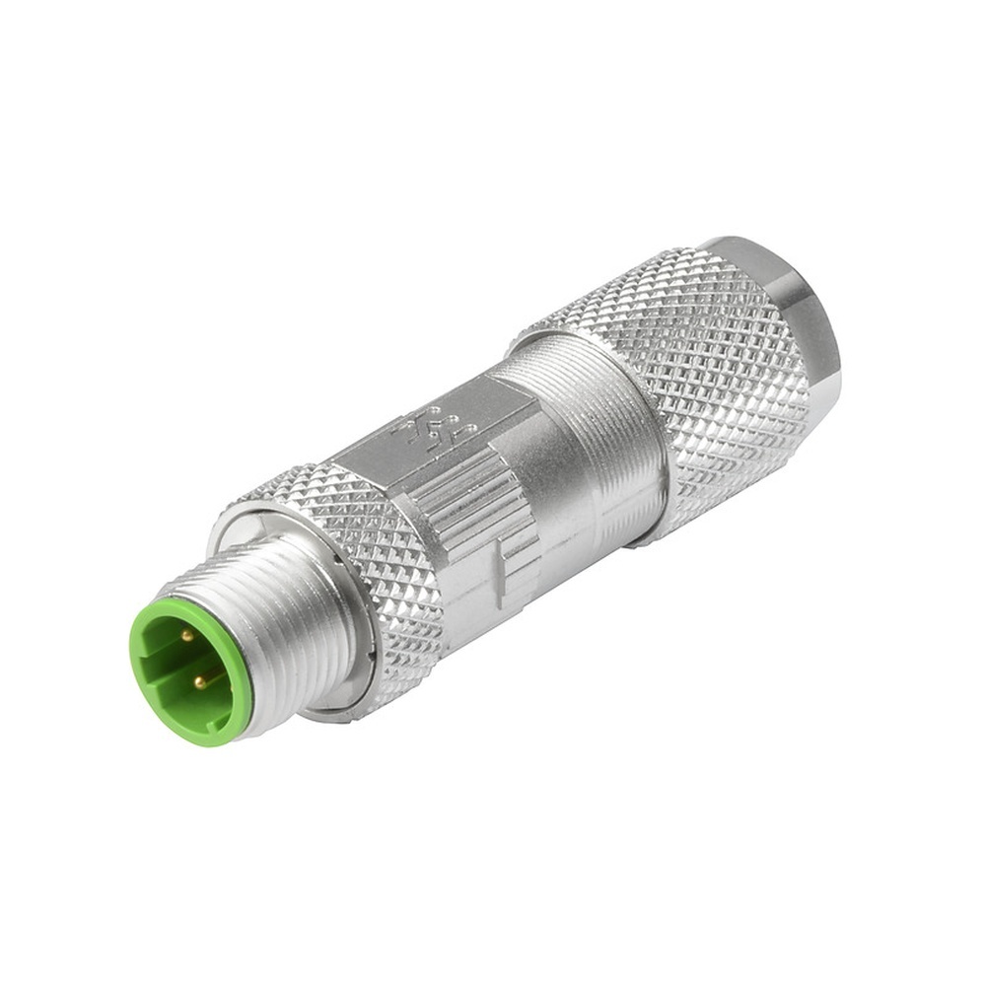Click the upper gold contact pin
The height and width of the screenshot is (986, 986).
point(185,636)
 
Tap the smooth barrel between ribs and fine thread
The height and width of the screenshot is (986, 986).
point(552,463)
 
